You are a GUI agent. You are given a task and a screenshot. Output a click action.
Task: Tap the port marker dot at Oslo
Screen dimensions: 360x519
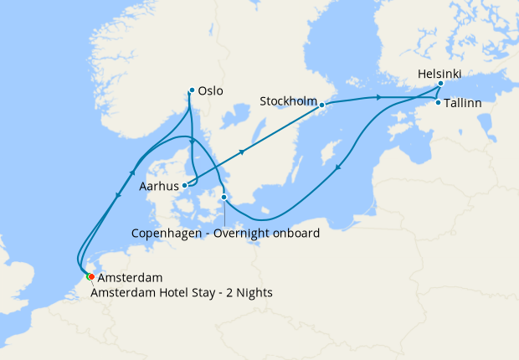[x=192, y=90]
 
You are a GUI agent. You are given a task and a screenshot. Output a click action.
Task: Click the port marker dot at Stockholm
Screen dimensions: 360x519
[x=322, y=105]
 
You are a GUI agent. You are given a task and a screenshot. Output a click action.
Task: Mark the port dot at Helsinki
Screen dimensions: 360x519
[x=440, y=85]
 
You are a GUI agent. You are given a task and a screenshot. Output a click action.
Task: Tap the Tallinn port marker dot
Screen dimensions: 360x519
[x=438, y=102]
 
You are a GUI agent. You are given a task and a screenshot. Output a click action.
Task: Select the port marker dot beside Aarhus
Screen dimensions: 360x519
[x=184, y=186]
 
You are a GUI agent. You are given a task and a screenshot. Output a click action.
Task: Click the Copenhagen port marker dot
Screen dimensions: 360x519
[x=224, y=198]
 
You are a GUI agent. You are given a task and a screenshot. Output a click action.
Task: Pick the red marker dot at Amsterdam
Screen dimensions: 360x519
[x=90, y=277]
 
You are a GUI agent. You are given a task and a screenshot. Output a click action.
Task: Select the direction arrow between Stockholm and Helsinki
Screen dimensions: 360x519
[x=380, y=98]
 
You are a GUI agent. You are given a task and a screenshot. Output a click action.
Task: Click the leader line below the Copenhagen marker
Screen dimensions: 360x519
[x=224, y=213]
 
